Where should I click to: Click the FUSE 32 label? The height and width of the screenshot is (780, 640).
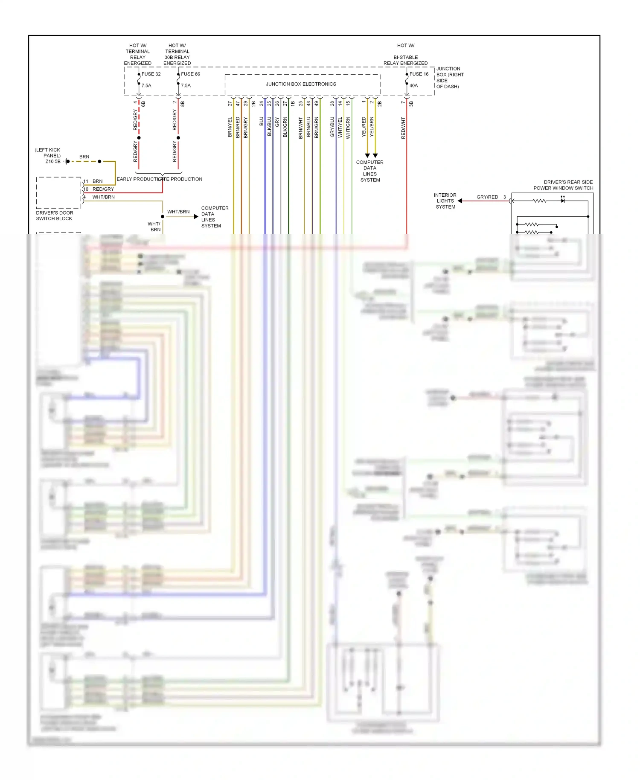tap(151, 74)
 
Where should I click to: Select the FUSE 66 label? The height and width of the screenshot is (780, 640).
tap(190, 74)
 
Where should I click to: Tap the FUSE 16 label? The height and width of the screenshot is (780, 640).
tap(419, 74)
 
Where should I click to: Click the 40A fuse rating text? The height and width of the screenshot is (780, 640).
tap(413, 86)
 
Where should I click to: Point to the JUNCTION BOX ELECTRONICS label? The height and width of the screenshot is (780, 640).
tap(301, 84)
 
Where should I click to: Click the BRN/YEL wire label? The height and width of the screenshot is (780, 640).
tap(230, 127)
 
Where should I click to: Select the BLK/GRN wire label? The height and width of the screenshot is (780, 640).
tap(285, 127)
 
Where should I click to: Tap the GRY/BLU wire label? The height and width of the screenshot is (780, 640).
tap(332, 127)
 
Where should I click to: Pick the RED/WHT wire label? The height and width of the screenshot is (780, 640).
tap(403, 128)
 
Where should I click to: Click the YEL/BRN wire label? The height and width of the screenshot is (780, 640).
tap(372, 127)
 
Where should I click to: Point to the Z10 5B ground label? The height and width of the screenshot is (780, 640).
tap(53, 162)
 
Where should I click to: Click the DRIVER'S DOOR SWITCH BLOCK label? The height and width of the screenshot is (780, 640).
tap(54, 215)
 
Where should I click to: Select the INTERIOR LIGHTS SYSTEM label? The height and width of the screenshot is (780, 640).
tap(445, 201)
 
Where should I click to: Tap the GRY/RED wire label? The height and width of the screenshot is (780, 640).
tap(487, 197)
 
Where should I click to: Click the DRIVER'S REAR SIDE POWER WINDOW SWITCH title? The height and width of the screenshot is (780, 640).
tap(563, 185)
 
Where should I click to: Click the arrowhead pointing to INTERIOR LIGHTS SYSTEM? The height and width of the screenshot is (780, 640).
tap(460, 201)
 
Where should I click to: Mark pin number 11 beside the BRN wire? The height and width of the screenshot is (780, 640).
tap(86, 181)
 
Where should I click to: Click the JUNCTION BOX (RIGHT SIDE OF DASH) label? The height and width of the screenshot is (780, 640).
tap(450, 78)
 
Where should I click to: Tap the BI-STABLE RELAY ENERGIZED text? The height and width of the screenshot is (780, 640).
tap(405, 60)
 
